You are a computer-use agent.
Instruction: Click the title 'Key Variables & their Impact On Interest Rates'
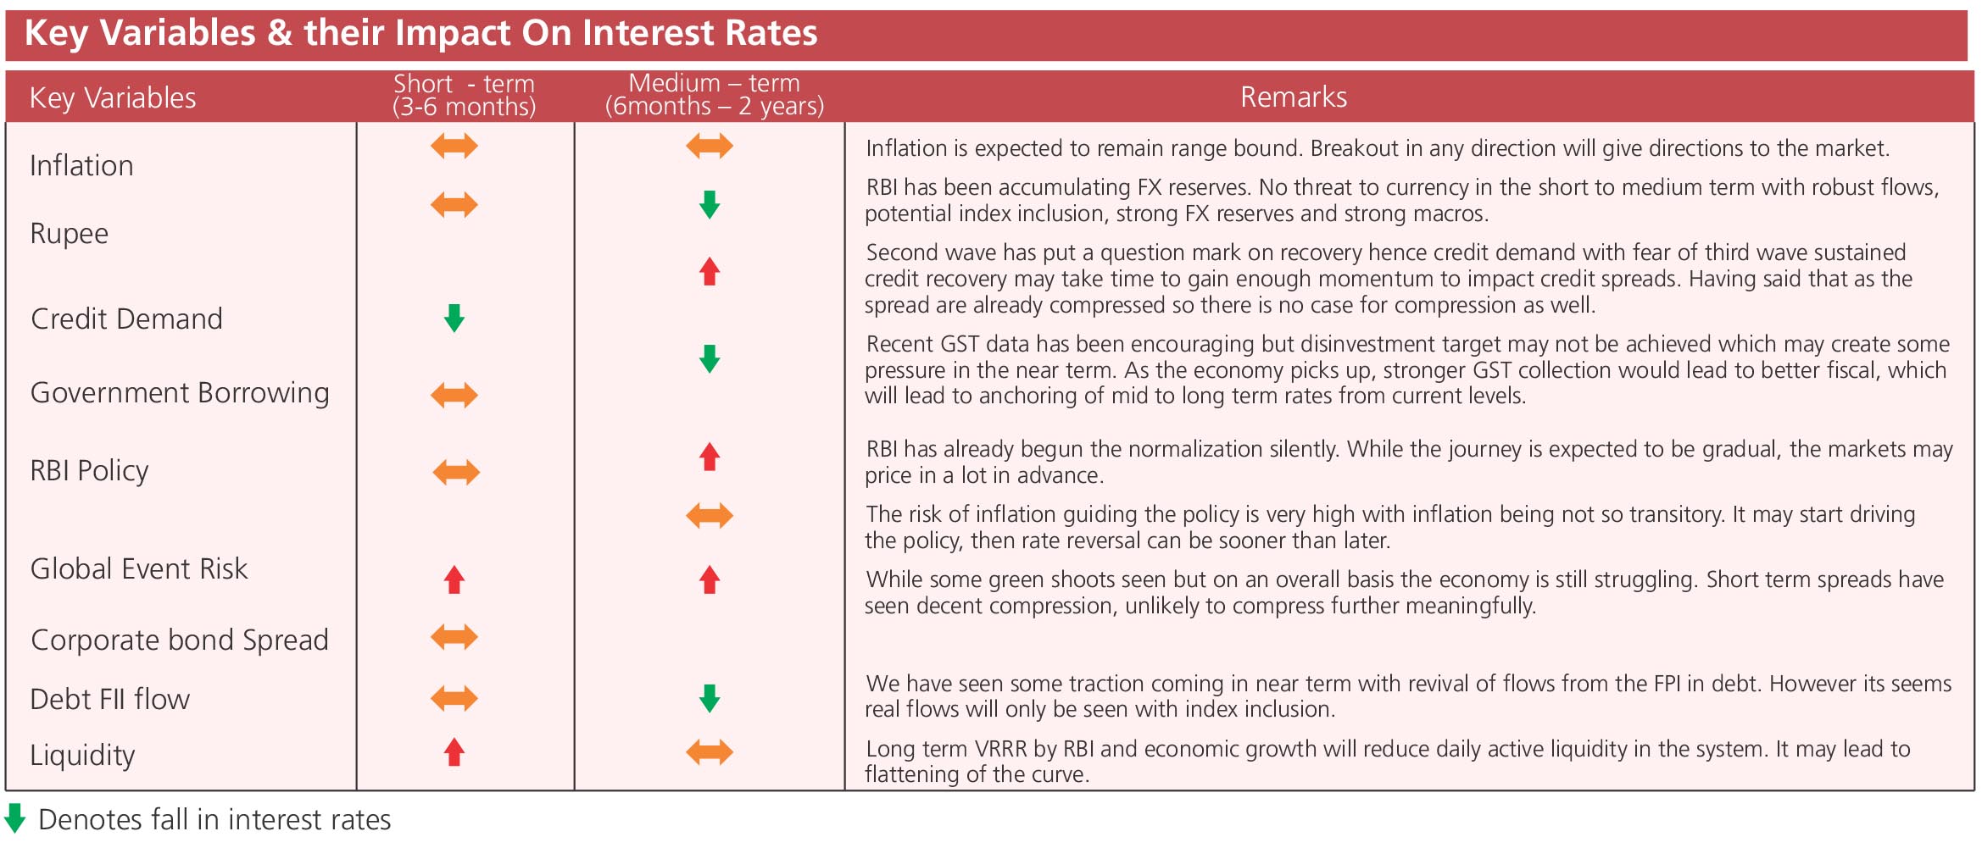click(420, 34)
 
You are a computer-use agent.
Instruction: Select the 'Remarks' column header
click(1294, 97)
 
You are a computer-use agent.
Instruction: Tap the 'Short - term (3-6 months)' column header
click(465, 95)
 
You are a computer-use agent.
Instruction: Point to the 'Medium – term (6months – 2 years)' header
click(714, 95)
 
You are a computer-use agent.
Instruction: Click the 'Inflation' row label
click(81, 165)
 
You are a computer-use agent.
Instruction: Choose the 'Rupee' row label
click(69, 234)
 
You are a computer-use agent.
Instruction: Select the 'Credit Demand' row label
click(126, 319)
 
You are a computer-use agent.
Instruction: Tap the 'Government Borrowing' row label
click(180, 393)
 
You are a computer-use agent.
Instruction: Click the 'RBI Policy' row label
click(89, 470)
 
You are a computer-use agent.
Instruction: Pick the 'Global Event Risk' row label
click(139, 568)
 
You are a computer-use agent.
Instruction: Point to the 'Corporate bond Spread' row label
click(180, 640)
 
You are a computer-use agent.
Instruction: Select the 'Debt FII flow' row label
click(109, 699)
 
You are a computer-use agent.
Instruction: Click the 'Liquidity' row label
click(82, 755)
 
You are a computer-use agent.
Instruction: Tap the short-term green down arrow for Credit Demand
click(454, 319)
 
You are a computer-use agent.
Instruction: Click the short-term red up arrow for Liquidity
click(454, 752)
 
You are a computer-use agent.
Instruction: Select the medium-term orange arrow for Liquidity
click(710, 751)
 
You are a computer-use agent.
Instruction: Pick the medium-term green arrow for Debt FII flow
click(710, 699)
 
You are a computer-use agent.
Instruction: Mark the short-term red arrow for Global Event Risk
click(454, 579)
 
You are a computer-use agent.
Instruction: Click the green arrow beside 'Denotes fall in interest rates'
click(15, 818)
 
